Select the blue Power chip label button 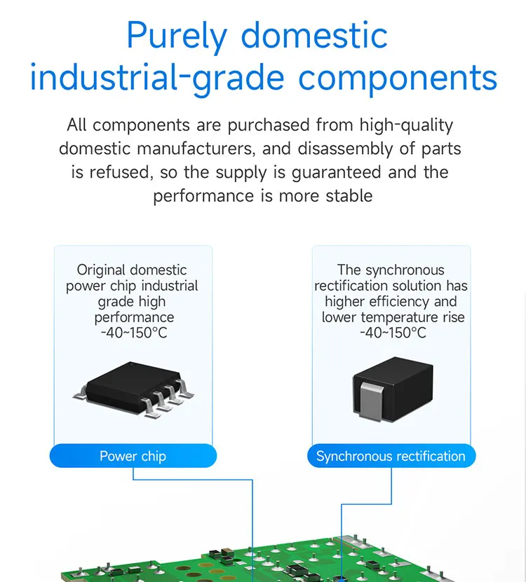[133, 457]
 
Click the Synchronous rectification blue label [391, 457]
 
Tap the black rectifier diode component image [391, 389]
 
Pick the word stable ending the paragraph [349, 195]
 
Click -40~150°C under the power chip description [133, 333]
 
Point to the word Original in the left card [102, 270]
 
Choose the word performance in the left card [133, 318]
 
